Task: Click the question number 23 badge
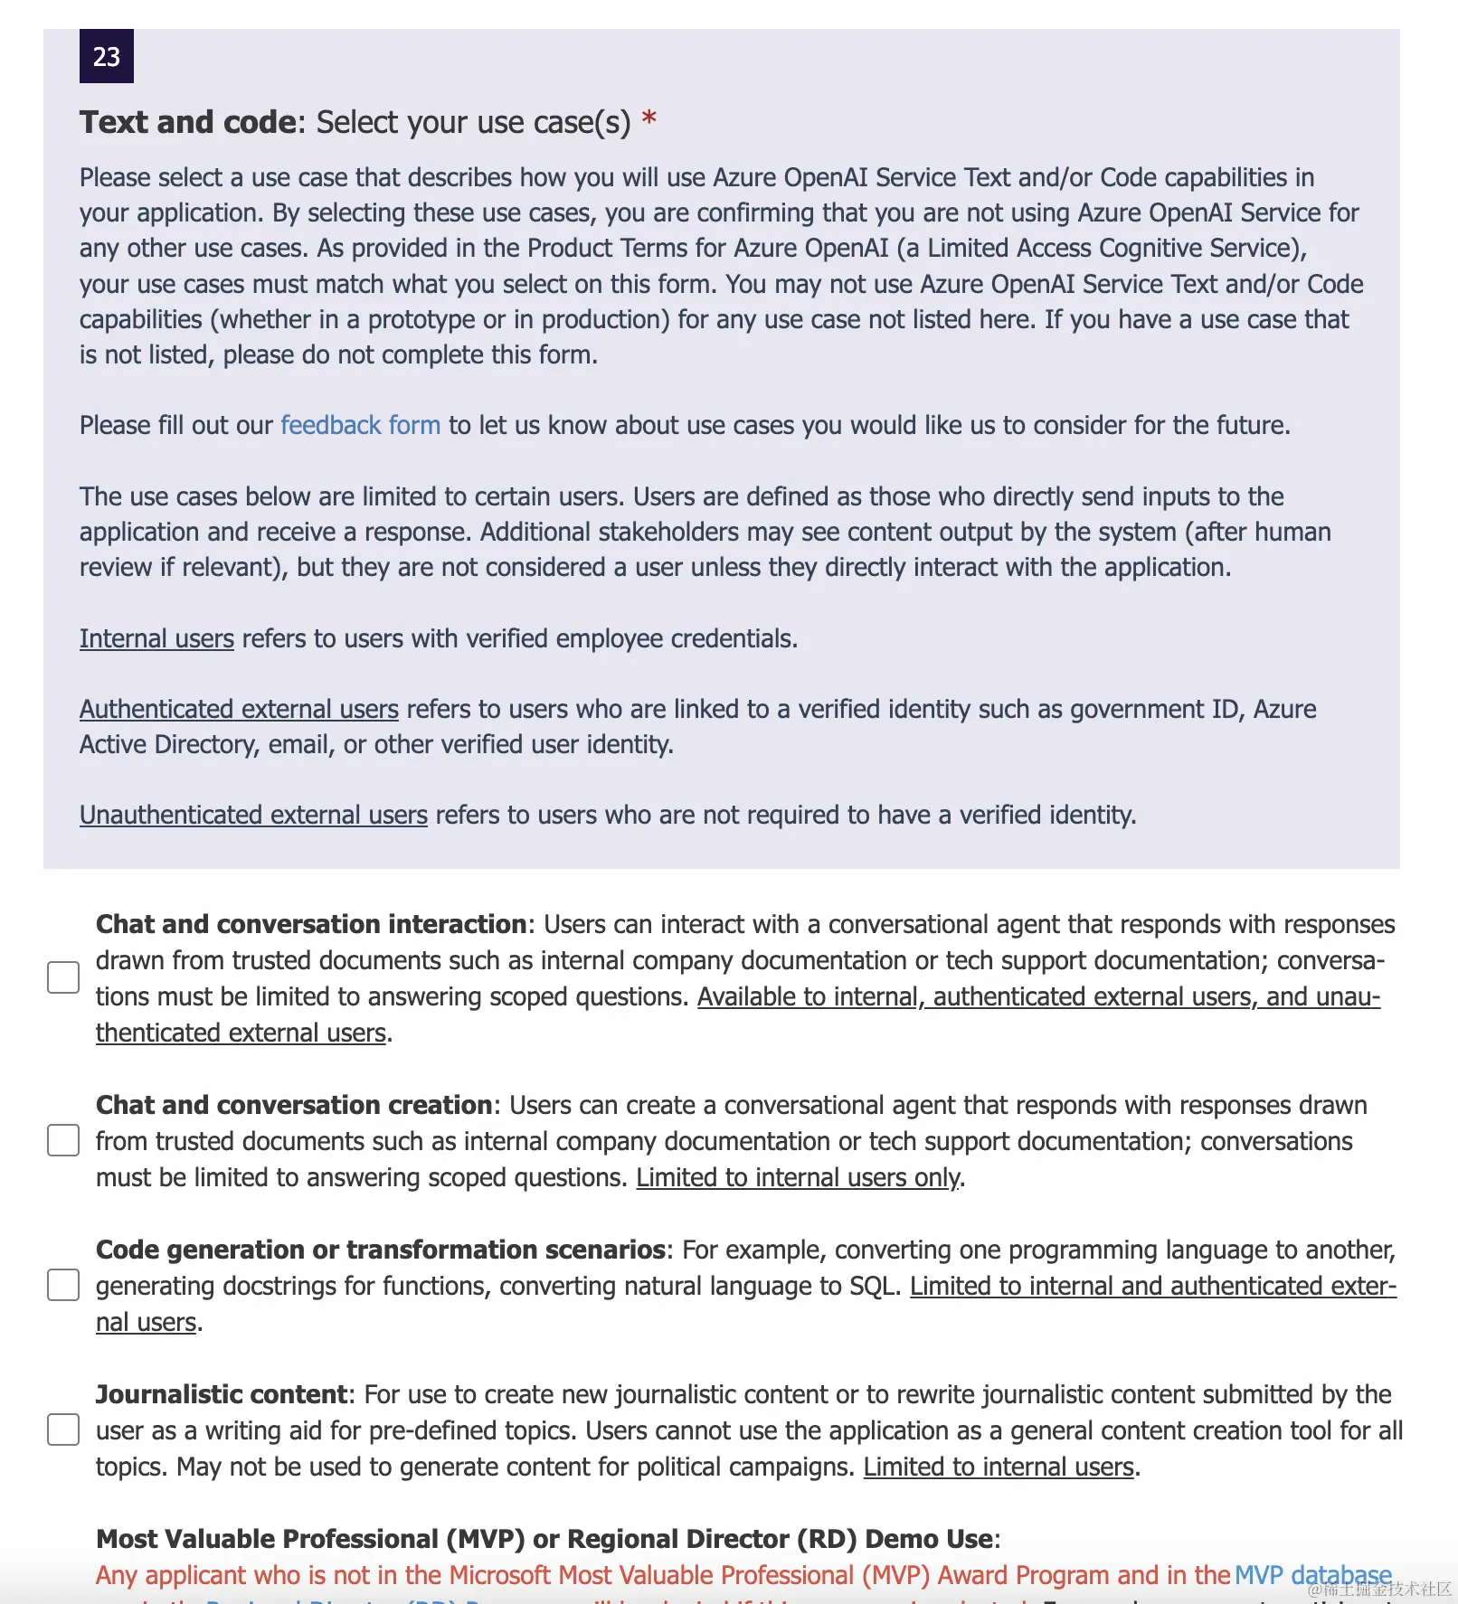[107, 56]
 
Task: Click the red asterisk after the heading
[649, 119]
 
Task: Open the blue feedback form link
[360, 425]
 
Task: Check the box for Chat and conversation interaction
[63, 977]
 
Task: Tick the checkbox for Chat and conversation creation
[63, 1140]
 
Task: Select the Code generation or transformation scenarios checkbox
[63, 1285]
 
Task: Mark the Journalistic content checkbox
[63, 1429]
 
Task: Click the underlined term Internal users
[156, 638]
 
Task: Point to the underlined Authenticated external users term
[239, 709]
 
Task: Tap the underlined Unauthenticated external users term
[253, 815]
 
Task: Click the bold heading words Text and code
[187, 122]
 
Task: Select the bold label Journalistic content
[221, 1394]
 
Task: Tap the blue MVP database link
[1312, 1575]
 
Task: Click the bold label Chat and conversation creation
[293, 1105]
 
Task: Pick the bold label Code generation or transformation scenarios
[380, 1250]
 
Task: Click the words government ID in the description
[1134, 709]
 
